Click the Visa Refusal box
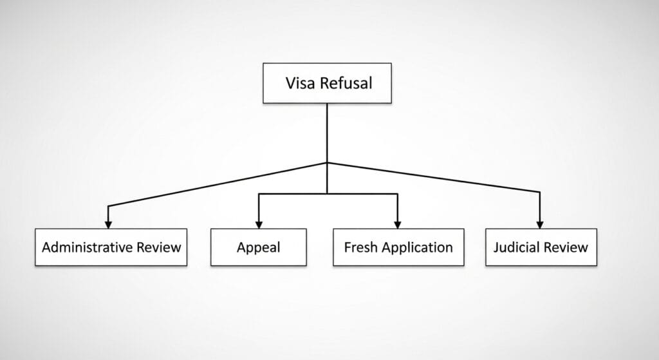327,83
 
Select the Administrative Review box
111,247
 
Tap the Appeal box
258,247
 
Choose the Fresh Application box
398,247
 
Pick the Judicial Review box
541,247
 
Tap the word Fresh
360,247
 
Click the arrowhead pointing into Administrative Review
108,223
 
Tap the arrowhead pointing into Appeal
259,223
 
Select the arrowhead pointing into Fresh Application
398,223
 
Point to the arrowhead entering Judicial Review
539,223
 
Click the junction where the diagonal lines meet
327,162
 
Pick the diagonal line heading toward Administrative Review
219,184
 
